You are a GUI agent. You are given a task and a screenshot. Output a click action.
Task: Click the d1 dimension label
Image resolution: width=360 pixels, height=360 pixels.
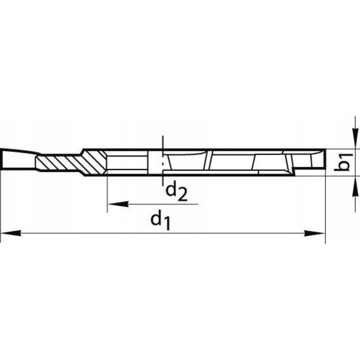pos(160,221)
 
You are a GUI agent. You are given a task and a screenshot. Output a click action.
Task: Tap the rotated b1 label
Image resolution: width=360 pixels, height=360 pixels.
pos(343,162)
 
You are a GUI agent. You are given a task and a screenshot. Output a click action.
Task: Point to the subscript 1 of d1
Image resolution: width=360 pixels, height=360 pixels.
pos(167,224)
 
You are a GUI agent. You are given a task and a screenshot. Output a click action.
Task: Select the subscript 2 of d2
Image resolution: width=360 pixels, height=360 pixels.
pos(182,195)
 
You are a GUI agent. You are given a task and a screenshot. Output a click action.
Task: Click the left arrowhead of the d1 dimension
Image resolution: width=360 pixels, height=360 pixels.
pos(11,233)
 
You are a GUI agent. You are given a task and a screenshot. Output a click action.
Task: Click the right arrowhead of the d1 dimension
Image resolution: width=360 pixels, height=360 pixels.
pos(314,233)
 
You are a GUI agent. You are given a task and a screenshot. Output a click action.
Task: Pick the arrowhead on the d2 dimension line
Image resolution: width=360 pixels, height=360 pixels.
pos(118,204)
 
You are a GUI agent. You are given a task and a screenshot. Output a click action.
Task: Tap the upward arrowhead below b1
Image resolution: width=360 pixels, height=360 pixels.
pos(355,186)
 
